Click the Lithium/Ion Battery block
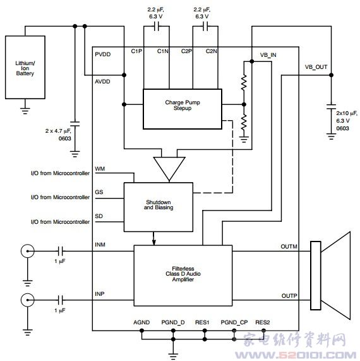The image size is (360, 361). tap(25, 67)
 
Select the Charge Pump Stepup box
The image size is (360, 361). tap(183, 109)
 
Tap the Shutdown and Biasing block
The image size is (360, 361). tap(159, 207)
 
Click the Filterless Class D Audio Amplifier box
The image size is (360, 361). tap(183, 276)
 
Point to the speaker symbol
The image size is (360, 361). tap(330, 276)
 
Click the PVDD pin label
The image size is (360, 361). tap(103, 54)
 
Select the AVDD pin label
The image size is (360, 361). tap(102, 82)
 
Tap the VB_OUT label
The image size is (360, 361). tap(316, 67)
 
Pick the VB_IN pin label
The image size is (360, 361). tap(268, 55)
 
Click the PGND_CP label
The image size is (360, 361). tap(234, 322)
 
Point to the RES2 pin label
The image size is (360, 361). tap(263, 322)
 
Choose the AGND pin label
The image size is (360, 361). tap(141, 322)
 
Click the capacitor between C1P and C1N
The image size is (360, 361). tap(157, 27)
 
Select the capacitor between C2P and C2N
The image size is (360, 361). tap(205, 27)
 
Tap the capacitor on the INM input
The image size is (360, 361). tap(61, 251)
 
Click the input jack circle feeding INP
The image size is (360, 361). tap(28, 300)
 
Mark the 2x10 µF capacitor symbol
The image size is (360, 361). tap(331, 107)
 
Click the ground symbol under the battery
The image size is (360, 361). tap(25, 111)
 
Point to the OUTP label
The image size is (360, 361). tap(289, 296)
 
